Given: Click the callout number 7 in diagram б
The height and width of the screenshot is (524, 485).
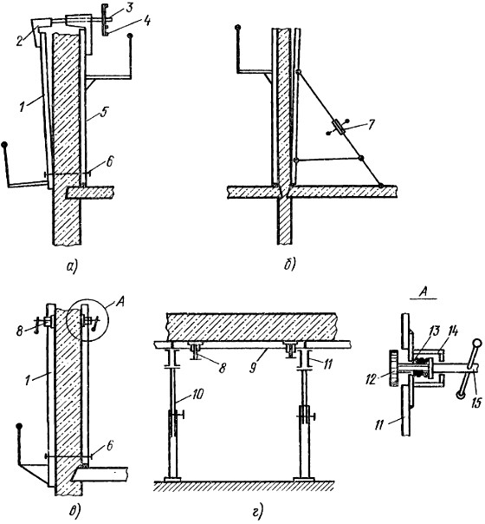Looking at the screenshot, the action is pyautogui.click(x=371, y=124).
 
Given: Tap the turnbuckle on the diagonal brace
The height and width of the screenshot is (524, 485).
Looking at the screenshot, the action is pyautogui.click(x=339, y=128).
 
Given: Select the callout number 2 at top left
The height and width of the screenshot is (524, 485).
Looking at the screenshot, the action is pyautogui.click(x=20, y=41).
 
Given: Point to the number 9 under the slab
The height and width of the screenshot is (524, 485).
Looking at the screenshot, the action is pyautogui.click(x=253, y=369).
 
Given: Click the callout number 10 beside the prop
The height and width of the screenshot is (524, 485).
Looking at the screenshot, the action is pyautogui.click(x=197, y=395).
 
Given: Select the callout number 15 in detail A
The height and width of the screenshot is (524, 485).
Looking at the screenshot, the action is pyautogui.click(x=477, y=403).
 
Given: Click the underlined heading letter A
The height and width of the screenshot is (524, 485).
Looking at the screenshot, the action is pyautogui.click(x=424, y=293).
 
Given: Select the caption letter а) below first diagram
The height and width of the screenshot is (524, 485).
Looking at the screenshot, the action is pyautogui.click(x=72, y=266).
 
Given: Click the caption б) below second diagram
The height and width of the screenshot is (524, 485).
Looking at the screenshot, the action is pyautogui.click(x=290, y=265).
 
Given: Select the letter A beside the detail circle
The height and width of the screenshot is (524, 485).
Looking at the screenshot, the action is pyautogui.click(x=119, y=305).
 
